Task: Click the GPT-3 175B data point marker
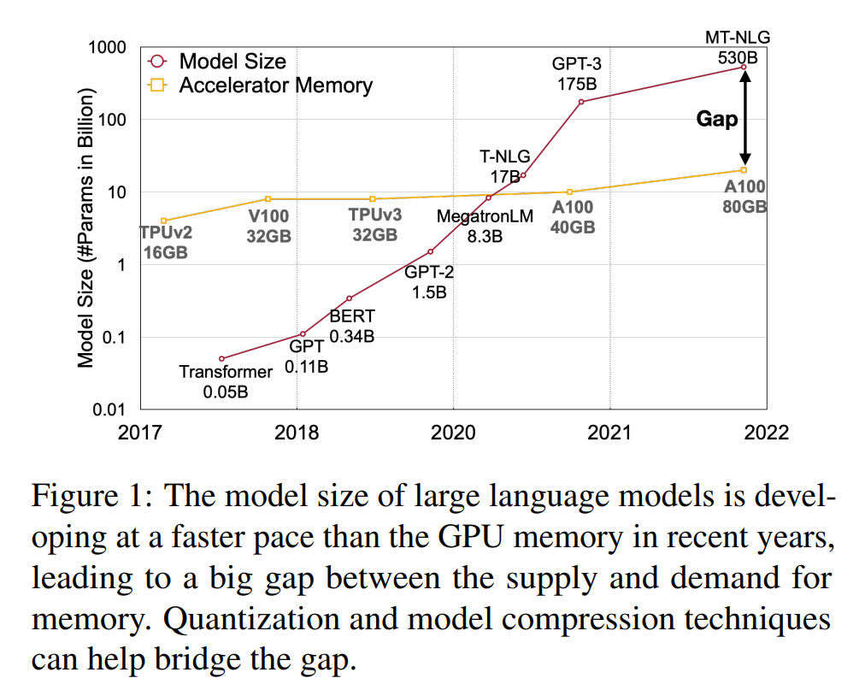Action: pyautogui.click(x=581, y=102)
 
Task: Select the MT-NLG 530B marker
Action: pyautogui.click(x=744, y=67)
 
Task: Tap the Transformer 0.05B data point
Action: pyautogui.click(x=221, y=358)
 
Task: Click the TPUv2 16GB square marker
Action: pyautogui.click(x=163, y=221)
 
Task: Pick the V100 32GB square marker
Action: pyautogui.click(x=268, y=199)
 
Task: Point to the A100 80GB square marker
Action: pyautogui.click(x=744, y=170)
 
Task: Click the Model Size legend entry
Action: pyautogui.click(x=232, y=62)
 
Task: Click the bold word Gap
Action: pyautogui.click(x=716, y=119)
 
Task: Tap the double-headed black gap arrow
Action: pyautogui.click(x=744, y=118)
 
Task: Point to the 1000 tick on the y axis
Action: pyautogui.click(x=108, y=48)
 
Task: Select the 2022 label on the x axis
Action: pyautogui.click(x=765, y=433)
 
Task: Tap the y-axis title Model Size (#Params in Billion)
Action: pyautogui.click(x=85, y=228)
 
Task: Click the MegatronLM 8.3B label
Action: pyautogui.click(x=485, y=226)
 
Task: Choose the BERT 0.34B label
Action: pyautogui.click(x=352, y=326)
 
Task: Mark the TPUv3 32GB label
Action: pyautogui.click(x=374, y=226)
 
